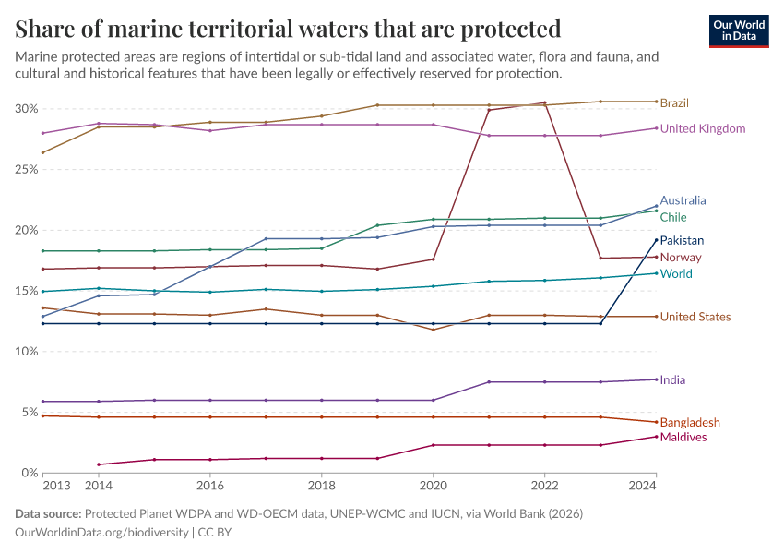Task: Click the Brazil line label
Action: coord(674,102)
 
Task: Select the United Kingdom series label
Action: coord(703,128)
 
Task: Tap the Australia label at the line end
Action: coord(683,200)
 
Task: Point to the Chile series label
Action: coord(673,217)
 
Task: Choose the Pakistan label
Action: coord(682,240)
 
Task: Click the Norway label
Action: coord(681,258)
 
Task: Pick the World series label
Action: coord(676,274)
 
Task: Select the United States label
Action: coord(695,317)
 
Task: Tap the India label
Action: coord(672,379)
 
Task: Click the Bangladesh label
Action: coord(690,422)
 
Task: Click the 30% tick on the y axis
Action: coord(26,109)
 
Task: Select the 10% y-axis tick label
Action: coord(26,352)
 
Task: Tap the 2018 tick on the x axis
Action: coord(321,485)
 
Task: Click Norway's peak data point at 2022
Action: coord(544,102)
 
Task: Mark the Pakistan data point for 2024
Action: coord(656,240)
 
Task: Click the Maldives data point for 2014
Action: coord(99,464)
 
